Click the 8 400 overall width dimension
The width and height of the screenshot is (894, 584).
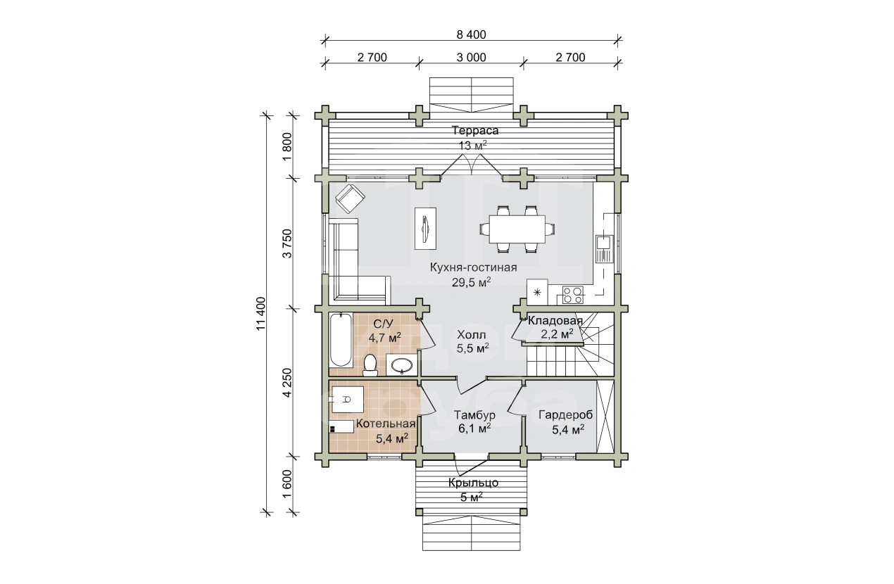(x=471, y=34)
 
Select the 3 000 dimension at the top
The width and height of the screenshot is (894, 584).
(x=471, y=58)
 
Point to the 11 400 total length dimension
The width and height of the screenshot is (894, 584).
(x=260, y=313)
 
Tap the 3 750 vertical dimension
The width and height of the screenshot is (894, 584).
(x=287, y=243)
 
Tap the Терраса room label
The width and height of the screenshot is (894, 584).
(x=475, y=130)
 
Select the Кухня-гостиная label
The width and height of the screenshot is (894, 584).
(x=473, y=267)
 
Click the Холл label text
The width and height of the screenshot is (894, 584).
(x=472, y=334)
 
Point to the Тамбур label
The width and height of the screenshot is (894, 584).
(x=474, y=415)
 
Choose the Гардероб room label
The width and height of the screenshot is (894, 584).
(x=565, y=415)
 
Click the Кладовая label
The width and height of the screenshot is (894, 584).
(x=555, y=320)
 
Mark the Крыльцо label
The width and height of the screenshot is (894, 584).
(x=473, y=483)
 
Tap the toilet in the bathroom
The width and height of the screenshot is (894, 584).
(x=370, y=365)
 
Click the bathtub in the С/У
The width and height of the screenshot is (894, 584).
(x=341, y=340)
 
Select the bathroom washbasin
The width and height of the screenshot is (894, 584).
(x=401, y=364)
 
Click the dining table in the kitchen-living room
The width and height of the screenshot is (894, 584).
(x=517, y=229)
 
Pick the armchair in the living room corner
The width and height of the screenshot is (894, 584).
(x=350, y=198)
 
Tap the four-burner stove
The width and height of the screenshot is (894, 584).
(x=573, y=295)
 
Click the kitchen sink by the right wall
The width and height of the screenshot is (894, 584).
(x=604, y=249)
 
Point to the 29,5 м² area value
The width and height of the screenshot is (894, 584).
(x=472, y=282)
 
